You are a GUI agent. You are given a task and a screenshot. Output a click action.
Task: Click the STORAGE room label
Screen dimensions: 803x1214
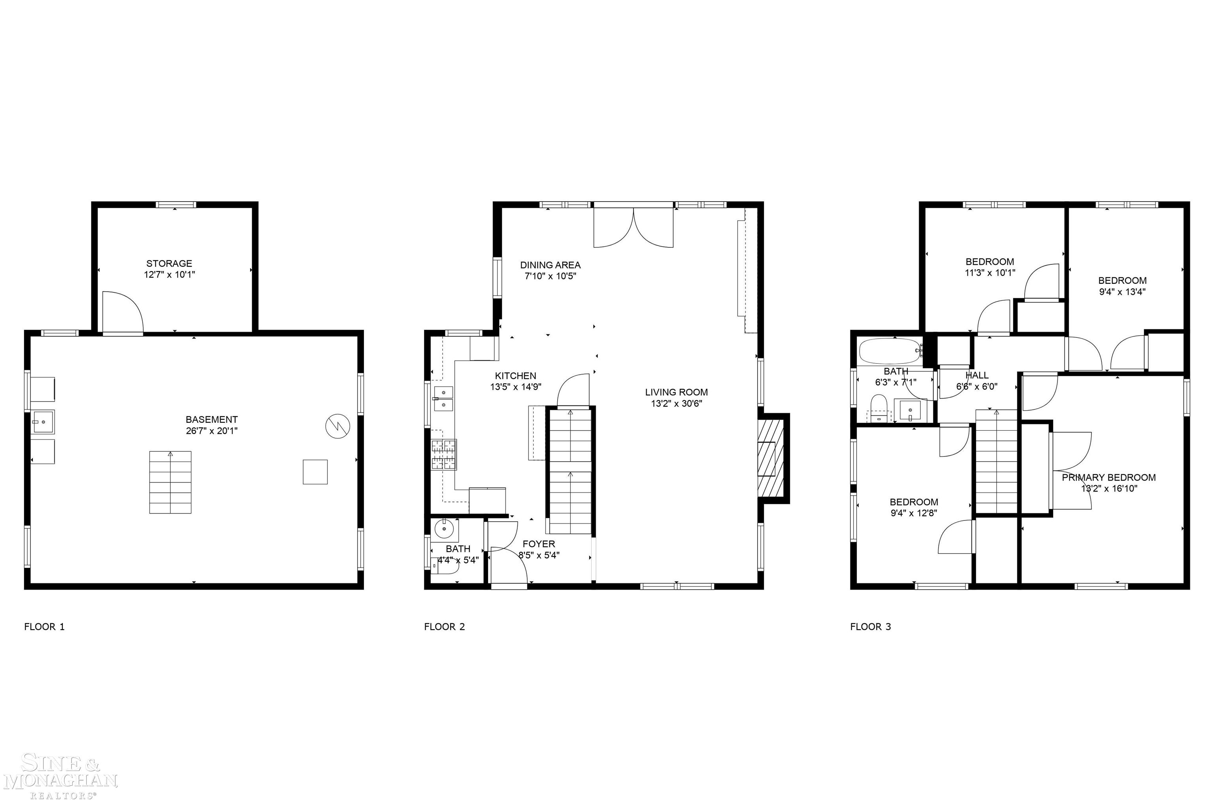coord(169,264)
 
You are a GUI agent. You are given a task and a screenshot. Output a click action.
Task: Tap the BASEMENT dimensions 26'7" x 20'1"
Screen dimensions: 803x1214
coord(211,431)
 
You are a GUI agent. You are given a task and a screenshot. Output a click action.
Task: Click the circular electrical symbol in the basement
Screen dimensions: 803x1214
coord(338,425)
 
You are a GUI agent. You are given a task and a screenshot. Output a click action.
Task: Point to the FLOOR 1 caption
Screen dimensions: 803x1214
coord(45,626)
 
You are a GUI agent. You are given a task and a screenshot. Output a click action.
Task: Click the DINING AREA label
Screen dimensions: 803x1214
coord(550,265)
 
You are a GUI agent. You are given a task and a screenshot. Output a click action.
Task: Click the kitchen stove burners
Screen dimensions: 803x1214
coord(443,454)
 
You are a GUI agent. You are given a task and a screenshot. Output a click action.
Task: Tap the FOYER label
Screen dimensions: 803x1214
coord(538,544)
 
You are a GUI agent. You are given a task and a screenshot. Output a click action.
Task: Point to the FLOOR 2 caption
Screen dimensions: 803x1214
coord(445,626)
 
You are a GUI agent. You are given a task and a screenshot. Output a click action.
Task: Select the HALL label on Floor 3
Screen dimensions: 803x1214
coord(976,375)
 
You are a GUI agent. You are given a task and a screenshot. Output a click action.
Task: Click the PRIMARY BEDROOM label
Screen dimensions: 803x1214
coord(1108,478)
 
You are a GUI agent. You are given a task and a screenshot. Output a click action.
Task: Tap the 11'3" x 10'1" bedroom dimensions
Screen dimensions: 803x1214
coord(990,273)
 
